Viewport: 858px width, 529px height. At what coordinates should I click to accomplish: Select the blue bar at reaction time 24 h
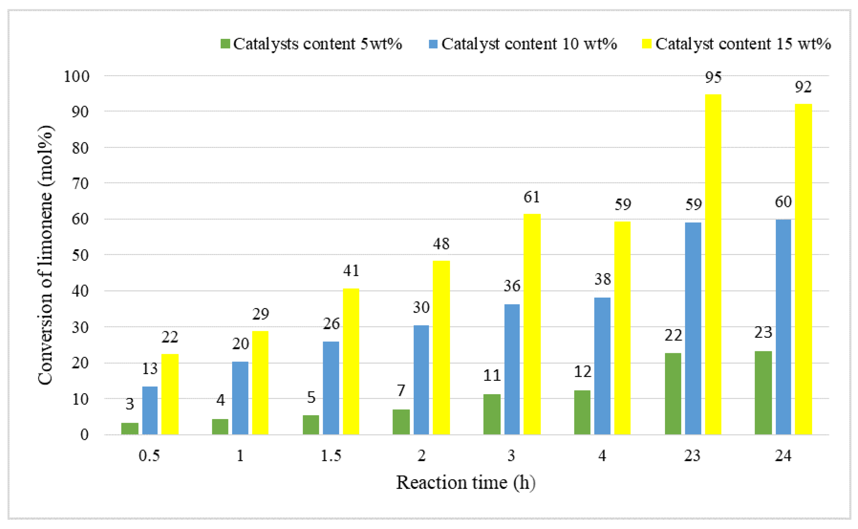pyautogui.click(x=783, y=327)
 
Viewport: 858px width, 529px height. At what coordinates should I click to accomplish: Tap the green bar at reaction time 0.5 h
pyautogui.click(x=130, y=429)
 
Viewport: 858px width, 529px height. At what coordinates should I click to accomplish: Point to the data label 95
pyautogui.click(x=713, y=77)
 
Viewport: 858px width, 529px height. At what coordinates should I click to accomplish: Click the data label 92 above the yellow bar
pyautogui.click(x=803, y=87)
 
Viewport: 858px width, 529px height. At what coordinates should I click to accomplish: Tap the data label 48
pyautogui.click(x=441, y=244)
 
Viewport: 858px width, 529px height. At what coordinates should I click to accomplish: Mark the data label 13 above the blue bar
pyautogui.click(x=150, y=369)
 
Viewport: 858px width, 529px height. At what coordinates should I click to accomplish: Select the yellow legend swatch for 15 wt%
pyautogui.click(x=647, y=44)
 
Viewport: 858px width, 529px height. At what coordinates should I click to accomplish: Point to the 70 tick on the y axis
pyautogui.click(x=80, y=183)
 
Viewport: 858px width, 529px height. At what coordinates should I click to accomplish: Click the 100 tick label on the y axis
pyautogui.click(x=77, y=76)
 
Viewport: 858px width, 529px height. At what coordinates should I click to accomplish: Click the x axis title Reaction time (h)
pyautogui.click(x=465, y=483)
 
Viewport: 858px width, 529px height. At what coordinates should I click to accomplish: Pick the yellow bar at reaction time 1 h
pyautogui.click(x=260, y=383)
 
